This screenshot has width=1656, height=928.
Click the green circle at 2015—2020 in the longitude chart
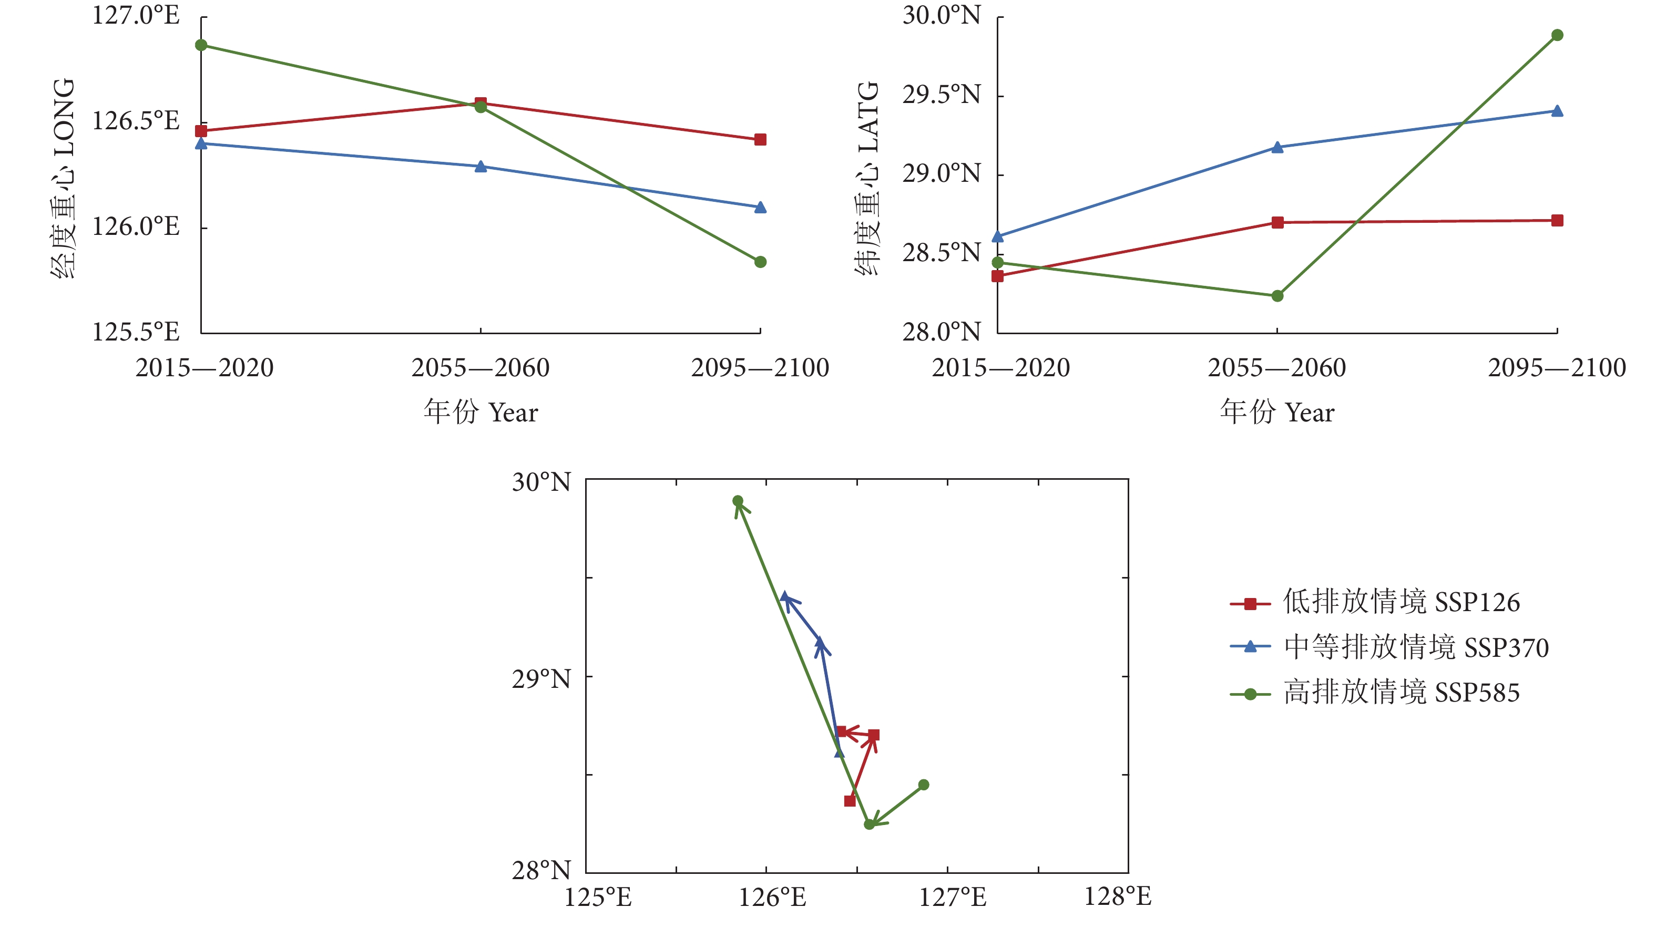(x=201, y=45)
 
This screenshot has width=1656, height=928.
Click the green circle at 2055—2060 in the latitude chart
(x=1277, y=296)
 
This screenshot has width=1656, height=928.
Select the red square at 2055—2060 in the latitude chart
(x=1277, y=222)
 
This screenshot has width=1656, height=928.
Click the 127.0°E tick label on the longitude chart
(x=136, y=15)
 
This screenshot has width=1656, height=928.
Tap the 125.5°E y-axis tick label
(x=136, y=332)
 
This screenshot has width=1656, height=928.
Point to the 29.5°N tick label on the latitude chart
(x=941, y=95)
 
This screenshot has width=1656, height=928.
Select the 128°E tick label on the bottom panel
(x=1117, y=896)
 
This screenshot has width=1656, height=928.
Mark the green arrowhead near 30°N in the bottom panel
(x=740, y=507)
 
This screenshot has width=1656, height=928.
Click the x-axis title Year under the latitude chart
(x=1277, y=412)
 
